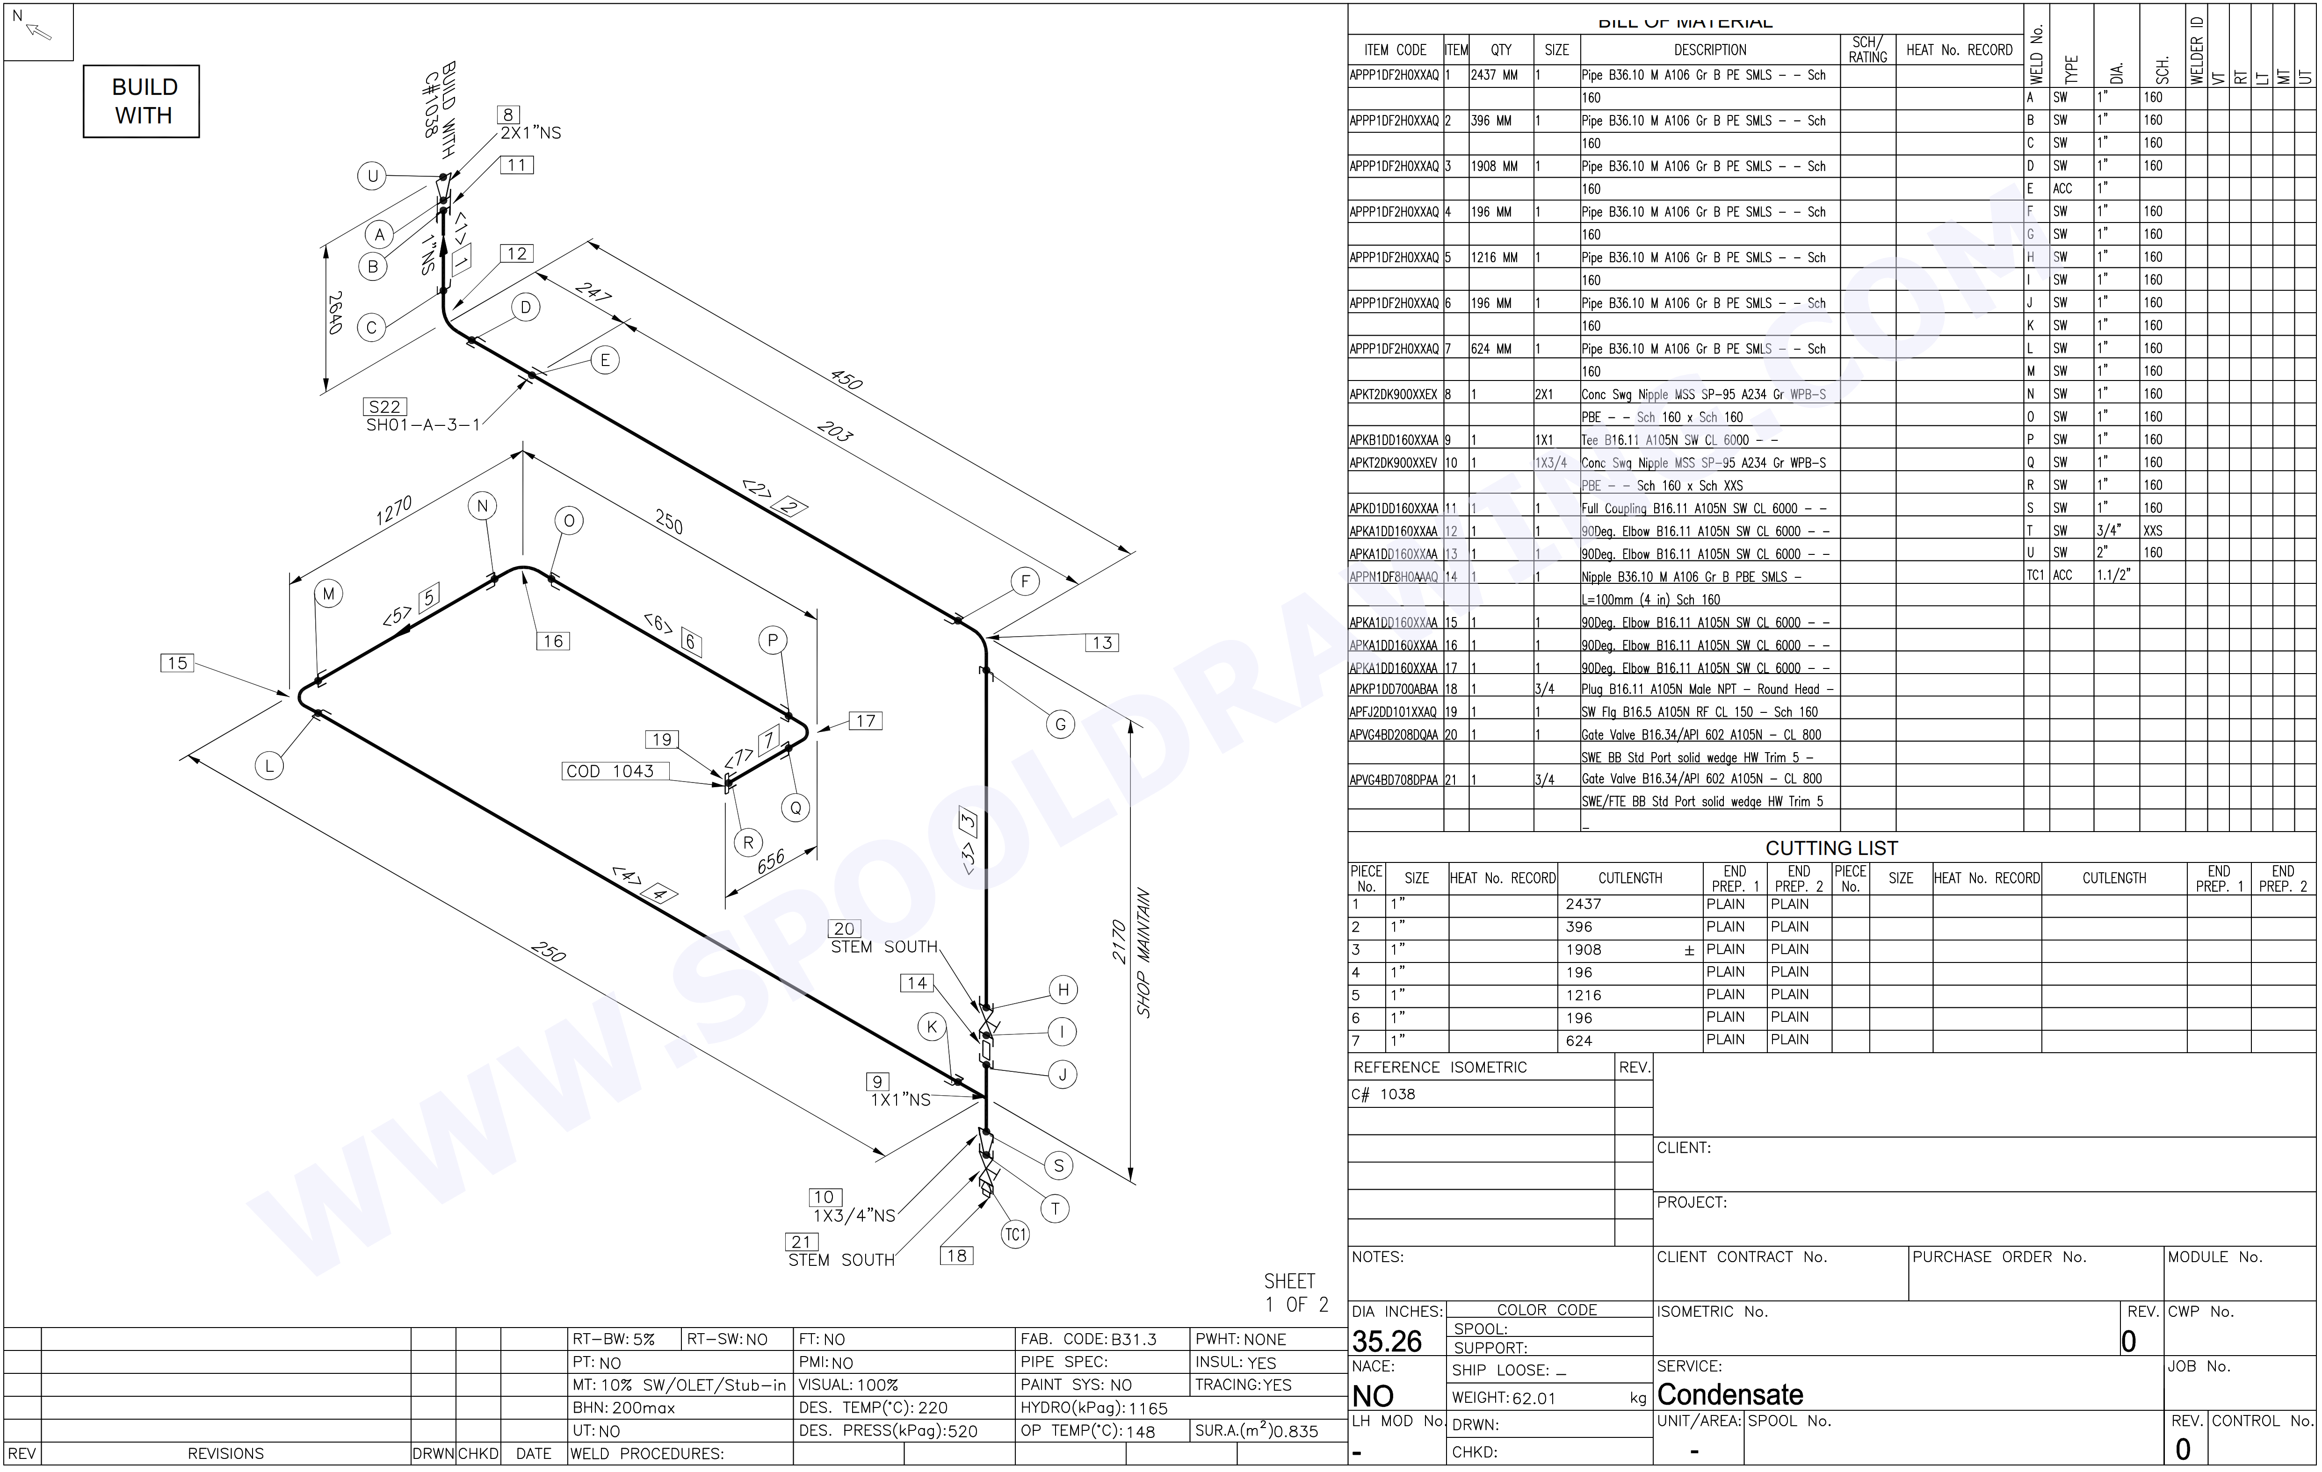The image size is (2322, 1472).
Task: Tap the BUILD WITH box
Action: [142, 101]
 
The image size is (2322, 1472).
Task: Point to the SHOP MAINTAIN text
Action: [1143, 952]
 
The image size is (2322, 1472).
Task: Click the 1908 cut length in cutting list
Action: [1584, 949]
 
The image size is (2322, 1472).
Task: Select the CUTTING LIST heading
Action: [1831, 848]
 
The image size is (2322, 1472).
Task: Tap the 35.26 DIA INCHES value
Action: [1387, 1342]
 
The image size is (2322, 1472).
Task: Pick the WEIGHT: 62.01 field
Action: [1505, 1398]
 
